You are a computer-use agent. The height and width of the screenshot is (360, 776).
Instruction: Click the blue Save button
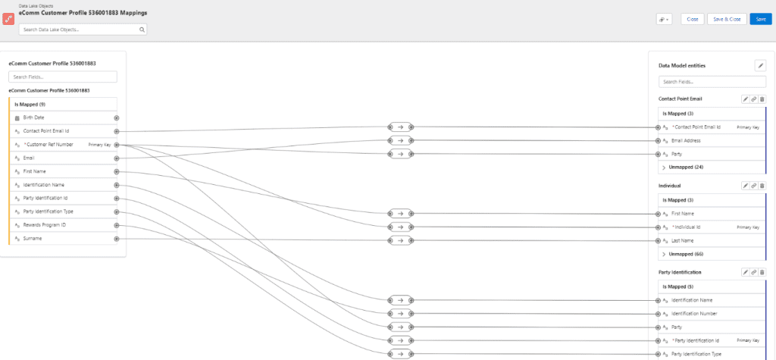coord(761,19)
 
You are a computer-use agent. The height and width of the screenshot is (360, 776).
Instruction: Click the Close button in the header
coord(693,19)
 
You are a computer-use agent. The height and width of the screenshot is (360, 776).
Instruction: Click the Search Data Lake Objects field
coord(83,30)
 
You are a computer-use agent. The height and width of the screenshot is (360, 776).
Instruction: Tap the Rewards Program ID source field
coord(45,225)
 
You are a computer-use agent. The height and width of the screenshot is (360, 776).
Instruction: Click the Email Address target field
coord(686,141)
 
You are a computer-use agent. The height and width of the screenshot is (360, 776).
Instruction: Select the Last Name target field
coord(683,241)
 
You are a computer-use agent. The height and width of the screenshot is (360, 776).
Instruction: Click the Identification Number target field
coord(694,314)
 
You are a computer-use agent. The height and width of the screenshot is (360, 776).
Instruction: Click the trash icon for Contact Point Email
coord(762,99)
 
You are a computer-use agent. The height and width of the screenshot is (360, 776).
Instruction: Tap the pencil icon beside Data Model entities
coord(760,65)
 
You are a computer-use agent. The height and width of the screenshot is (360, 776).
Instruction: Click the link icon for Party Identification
coord(754,272)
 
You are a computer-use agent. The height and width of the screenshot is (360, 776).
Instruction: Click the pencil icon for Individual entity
coord(746,185)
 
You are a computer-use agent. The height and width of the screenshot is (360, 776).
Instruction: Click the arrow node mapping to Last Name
coord(400,241)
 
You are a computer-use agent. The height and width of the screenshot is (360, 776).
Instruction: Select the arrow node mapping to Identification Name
coord(400,300)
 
